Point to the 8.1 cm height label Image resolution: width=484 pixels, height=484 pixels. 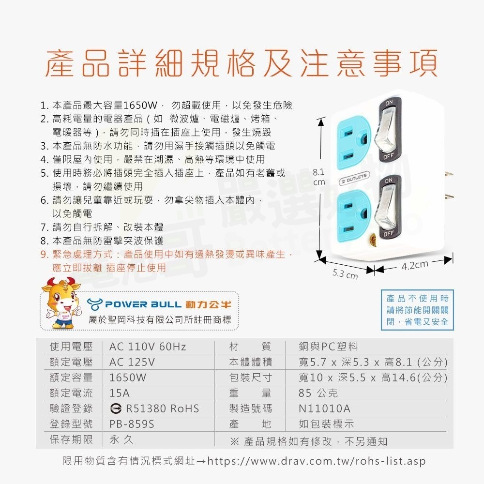tap(319, 177)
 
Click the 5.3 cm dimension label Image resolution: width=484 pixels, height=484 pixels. tap(345, 275)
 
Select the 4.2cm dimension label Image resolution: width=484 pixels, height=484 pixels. tap(415, 265)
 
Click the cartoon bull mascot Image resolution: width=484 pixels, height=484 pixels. tap(61, 303)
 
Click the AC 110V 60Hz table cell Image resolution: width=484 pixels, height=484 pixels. tap(148, 347)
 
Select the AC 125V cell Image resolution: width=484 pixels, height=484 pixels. tap(132, 362)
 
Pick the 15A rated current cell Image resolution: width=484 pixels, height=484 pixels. tap(120, 393)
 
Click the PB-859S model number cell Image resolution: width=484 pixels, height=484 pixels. tap(132, 424)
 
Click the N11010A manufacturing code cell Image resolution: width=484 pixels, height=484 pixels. tap(324, 408)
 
